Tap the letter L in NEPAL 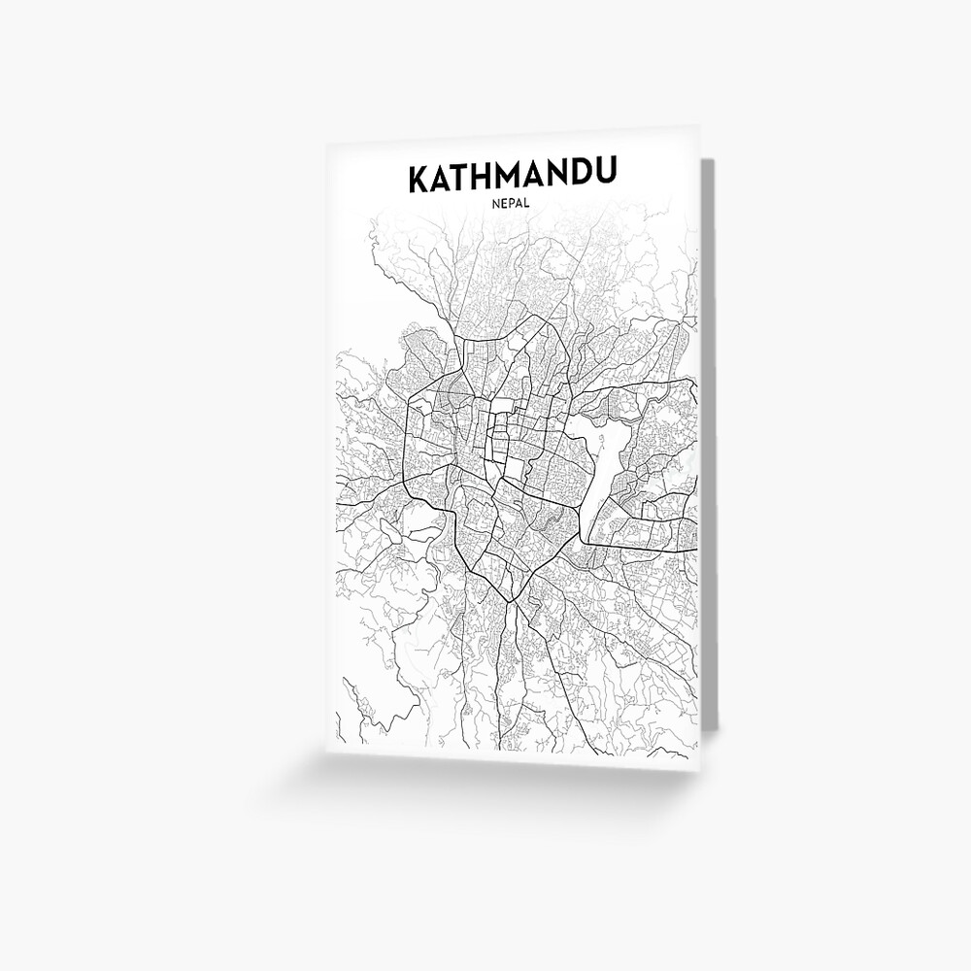click(x=528, y=206)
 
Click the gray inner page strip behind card click(x=709, y=437)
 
